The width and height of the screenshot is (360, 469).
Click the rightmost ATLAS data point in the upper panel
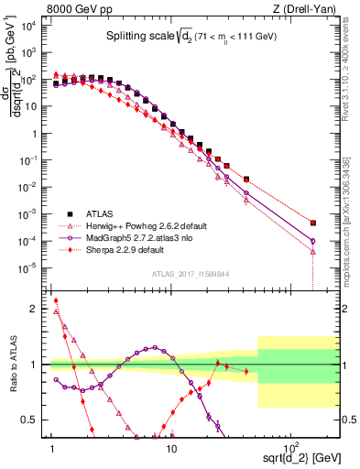tap(313, 223)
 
